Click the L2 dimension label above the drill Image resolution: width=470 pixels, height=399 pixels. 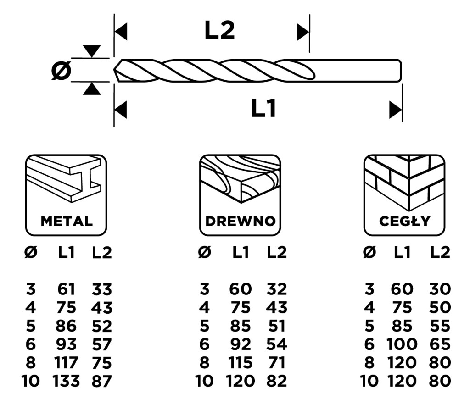(x=219, y=31)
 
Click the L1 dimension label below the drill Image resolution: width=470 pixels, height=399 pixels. (x=263, y=109)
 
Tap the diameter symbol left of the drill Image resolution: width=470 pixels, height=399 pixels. (x=61, y=71)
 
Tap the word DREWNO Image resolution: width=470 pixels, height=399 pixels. (x=240, y=221)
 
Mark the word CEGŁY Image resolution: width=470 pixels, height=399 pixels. (x=404, y=221)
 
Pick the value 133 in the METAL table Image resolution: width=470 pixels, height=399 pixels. (x=66, y=380)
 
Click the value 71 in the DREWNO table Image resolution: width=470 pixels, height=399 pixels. (x=277, y=362)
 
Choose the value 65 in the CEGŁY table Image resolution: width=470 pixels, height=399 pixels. (x=440, y=344)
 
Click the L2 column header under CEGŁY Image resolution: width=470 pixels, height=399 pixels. (x=440, y=252)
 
